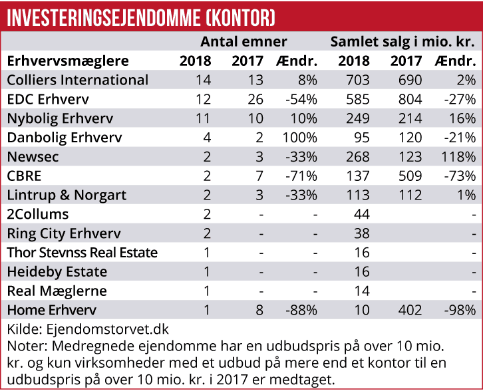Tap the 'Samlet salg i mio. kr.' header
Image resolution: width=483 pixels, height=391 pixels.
tap(402, 42)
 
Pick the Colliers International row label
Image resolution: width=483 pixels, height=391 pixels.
tap(77, 80)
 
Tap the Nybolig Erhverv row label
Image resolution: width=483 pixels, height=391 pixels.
tap(60, 119)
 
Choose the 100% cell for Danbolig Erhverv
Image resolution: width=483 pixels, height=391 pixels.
tap(300, 138)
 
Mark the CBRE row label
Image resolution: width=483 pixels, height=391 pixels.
tap(25, 177)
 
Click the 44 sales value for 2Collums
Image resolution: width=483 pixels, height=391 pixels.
tap(361, 215)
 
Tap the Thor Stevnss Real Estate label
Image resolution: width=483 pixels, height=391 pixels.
tap(82, 253)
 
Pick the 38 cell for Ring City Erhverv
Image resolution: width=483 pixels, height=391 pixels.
tap(361, 234)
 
